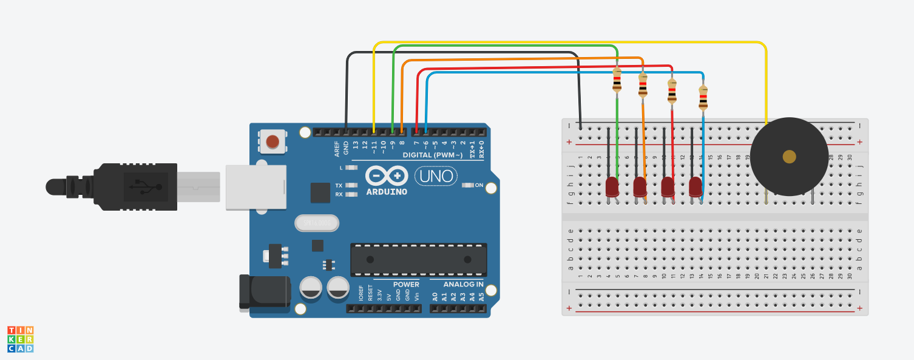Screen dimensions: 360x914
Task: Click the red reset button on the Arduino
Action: point(273,141)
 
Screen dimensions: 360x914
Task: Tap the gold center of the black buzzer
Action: point(789,157)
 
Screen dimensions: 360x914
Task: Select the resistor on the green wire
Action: point(617,80)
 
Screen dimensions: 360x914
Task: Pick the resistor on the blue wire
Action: point(703,97)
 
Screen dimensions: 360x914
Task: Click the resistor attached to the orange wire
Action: point(643,85)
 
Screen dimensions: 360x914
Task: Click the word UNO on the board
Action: point(435,176)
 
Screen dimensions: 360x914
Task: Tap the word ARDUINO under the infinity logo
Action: point(387,192)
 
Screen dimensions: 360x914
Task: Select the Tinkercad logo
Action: point(20,339)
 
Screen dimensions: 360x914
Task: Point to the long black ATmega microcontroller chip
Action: point(418,259)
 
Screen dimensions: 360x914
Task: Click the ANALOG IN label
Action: point(464,284)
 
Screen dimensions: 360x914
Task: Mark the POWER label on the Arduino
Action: point(406,284)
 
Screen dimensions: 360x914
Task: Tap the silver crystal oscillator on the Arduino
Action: point(316,223)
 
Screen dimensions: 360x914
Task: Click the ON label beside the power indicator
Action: point(479,185)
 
